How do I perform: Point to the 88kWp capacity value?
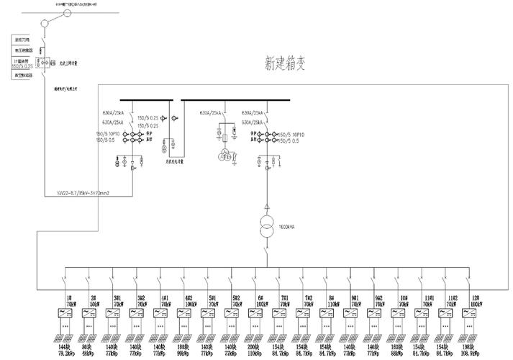coord(397,354)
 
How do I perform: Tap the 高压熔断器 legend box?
coord(23,50)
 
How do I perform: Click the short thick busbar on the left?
coord(145,100)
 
